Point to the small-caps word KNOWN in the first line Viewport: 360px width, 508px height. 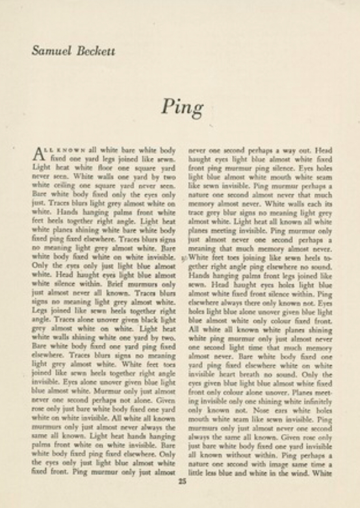point(69,148)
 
